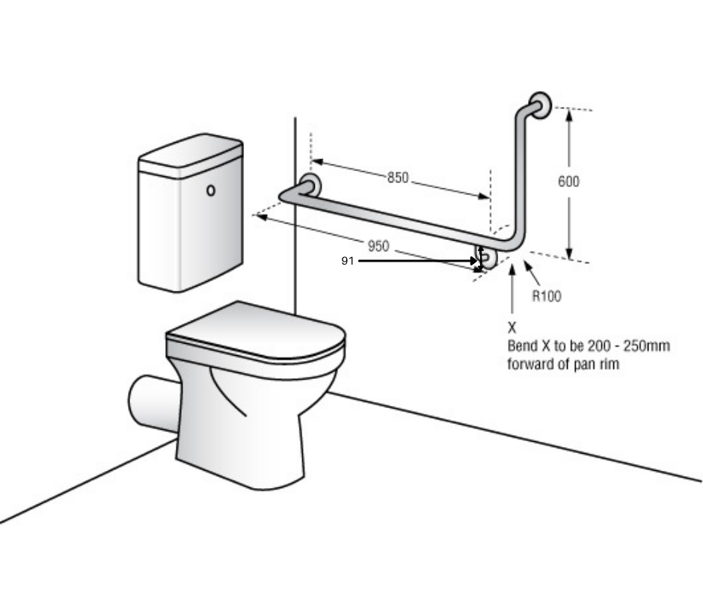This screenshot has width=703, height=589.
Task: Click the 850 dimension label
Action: tap(398, 177)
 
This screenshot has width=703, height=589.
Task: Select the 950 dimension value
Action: tap(378, 246)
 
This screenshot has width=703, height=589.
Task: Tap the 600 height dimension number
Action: tap(568, 181)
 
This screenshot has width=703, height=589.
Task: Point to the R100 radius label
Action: tap(546, 296)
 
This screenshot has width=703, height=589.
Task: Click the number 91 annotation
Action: tap(347, 261)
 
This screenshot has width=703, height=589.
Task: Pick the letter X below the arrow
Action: tap(512, 327)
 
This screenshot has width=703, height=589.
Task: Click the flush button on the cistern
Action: tap(211, 191)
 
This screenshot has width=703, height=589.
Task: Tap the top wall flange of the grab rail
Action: tap(540, 105)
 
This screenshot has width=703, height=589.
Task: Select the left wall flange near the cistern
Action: tap(310, 184)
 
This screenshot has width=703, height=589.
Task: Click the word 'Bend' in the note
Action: tap(522, 347)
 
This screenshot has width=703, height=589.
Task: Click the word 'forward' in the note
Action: tap(533, 366)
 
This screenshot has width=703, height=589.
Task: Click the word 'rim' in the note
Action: tap(611, 366)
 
